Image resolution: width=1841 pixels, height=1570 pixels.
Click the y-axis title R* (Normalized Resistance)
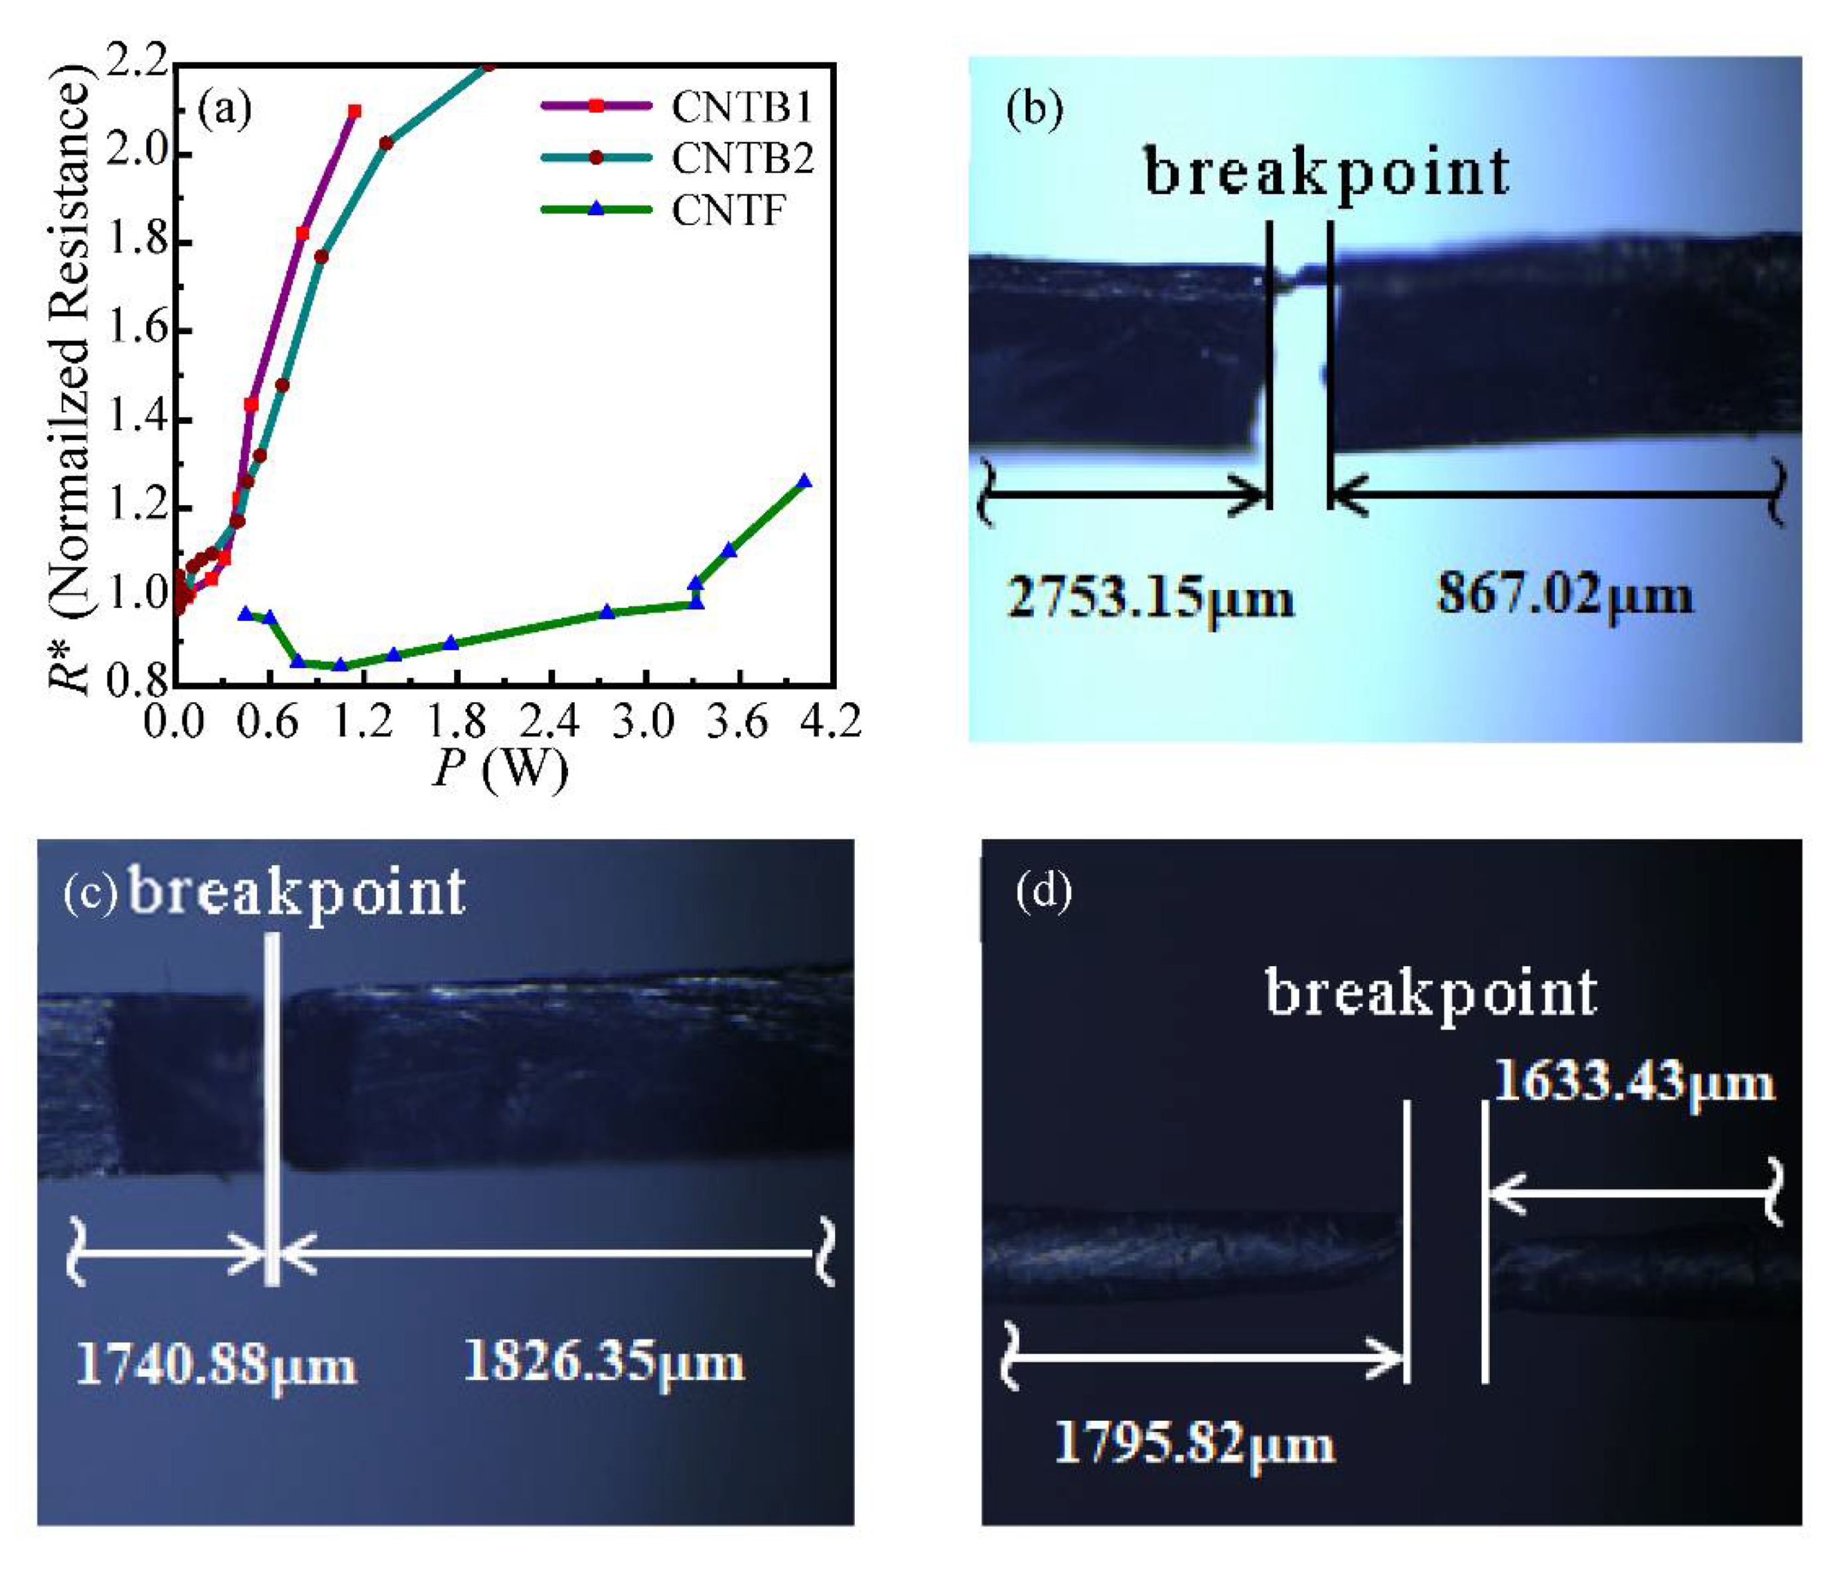[71, 378]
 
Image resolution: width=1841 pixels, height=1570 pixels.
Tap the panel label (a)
[225, 108]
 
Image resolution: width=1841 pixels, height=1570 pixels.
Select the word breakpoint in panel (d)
[1430, 994]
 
